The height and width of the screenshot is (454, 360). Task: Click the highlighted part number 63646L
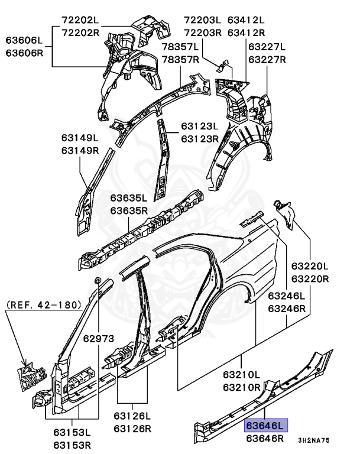tap(265, 426)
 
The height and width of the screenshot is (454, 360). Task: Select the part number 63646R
tap(265, 439)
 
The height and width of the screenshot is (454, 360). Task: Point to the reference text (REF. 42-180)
tap(43, 305)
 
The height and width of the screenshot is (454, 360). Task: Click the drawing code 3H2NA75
tap(314, 440)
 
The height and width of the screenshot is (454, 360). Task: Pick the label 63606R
tap(25, 53)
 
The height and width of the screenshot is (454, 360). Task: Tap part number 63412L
tap(246, 20)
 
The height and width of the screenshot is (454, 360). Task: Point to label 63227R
tap(267, 59)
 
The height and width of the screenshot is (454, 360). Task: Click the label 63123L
tap(200, 127)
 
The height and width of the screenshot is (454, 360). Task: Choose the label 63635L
tap(129, 197)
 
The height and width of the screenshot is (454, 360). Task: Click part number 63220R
tap(310, 278)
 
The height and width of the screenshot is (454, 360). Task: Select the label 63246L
tap(287, 296)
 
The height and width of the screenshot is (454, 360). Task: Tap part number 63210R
tap(242, 388)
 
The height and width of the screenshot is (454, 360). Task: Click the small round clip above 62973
tap(98, 279)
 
